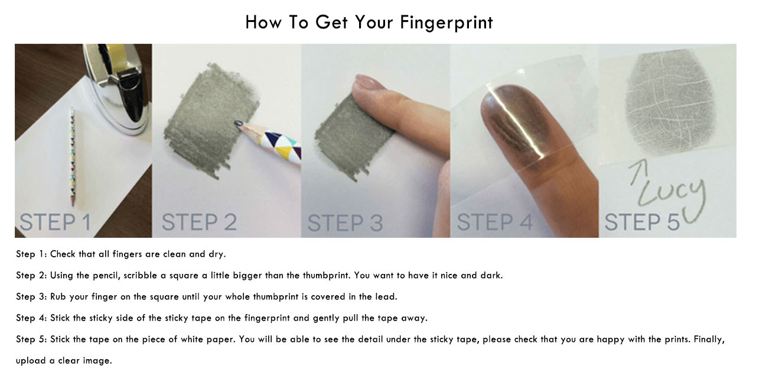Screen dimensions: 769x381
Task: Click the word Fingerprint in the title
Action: (x=447, y=23)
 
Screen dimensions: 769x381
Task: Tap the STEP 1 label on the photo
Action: (x=56, y=222)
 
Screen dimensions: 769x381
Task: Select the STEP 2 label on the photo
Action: (x=199, y=222)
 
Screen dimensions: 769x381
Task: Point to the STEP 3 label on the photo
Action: (x=345, y=223)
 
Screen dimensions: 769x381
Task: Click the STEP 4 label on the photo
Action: (x=495, y=222)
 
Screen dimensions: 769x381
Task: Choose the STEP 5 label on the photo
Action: (x=642, y=222)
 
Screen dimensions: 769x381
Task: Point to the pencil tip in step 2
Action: (x=237, y=122)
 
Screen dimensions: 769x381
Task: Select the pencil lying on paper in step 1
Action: (x=73, y=156)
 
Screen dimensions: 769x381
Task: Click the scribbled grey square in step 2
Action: (x=211, y=120)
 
